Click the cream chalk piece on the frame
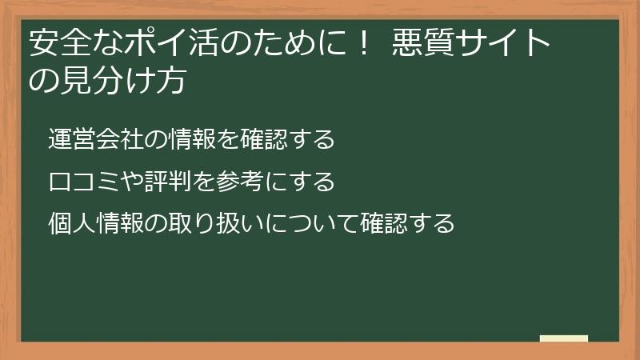[x=563, y=338]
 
